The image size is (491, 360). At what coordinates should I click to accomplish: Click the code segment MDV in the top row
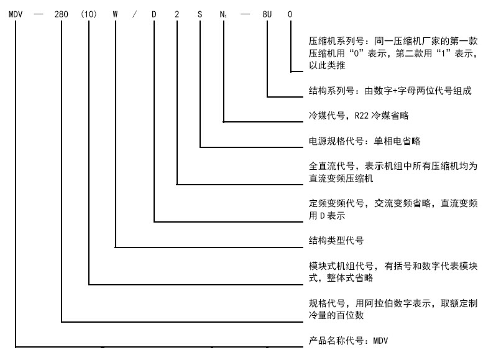(x=16, y=12)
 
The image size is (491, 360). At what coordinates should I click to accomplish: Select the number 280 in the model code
(x=62, y=12)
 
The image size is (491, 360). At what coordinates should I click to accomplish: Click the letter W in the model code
(x=116, y=12)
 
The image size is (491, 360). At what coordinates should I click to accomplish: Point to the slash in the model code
(x=135, y=12)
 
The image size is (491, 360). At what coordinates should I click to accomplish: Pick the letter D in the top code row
(x=154, y=12)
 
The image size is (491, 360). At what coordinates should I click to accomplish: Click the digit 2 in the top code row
(x=177, y=12)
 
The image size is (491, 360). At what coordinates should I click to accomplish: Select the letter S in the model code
(x=200, y=12)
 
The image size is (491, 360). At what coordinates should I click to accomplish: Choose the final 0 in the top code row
(x=291, y=12)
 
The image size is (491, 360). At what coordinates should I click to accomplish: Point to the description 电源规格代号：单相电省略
(x=364, y=141)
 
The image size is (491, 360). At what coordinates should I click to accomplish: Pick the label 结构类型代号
(x=336, y=239)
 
